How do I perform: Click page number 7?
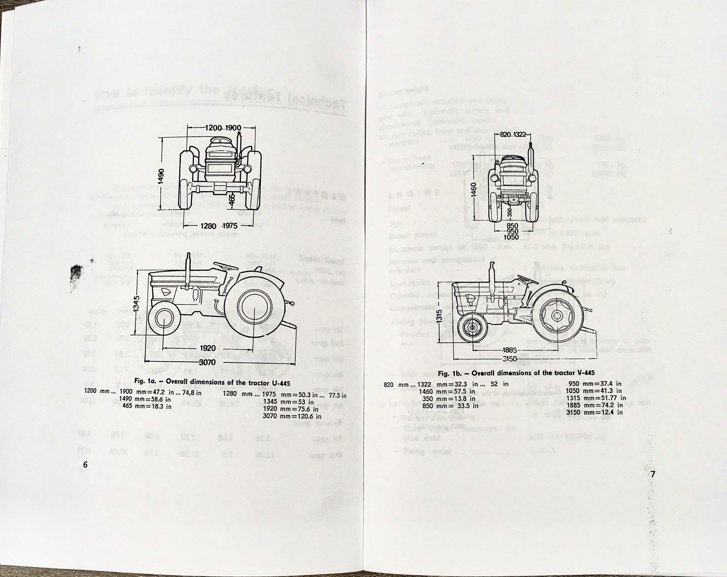[x=652, y=474]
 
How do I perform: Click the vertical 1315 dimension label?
[x=438, y=313]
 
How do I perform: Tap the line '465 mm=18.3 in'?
[x=147, y=406]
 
